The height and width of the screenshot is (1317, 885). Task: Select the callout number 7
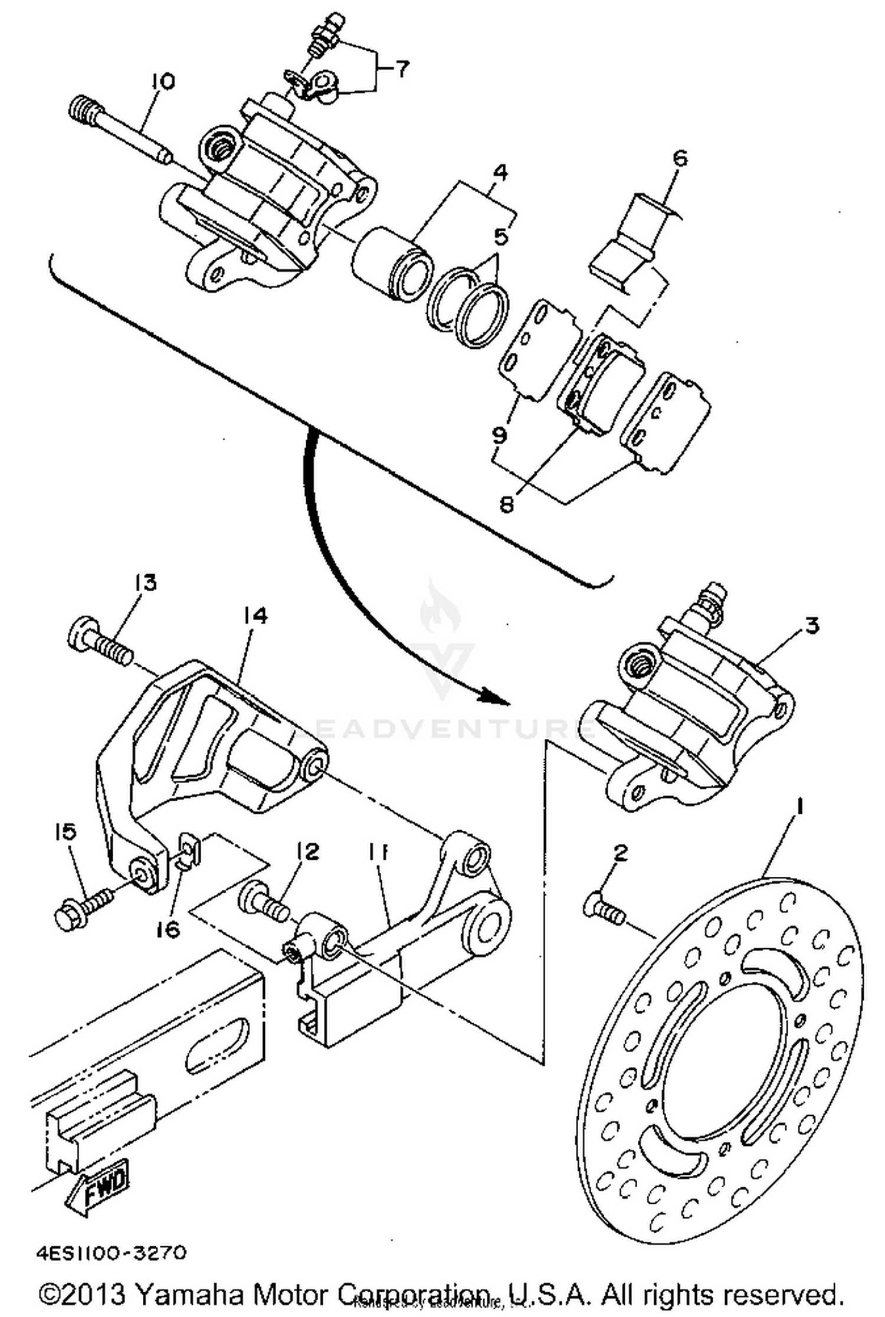tap(400, 69)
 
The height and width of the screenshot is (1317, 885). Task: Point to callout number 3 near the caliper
tap(812, 625)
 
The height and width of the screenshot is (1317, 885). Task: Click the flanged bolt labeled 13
tap(100, 640)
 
